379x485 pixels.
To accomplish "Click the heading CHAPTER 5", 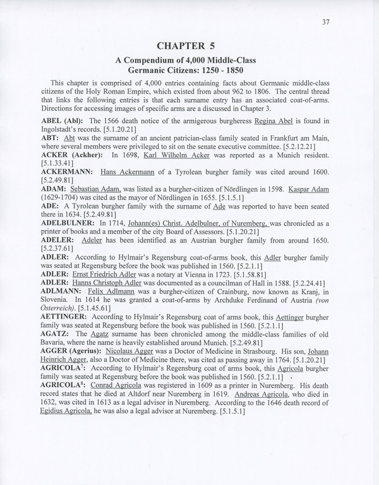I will [x=189, y=45].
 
